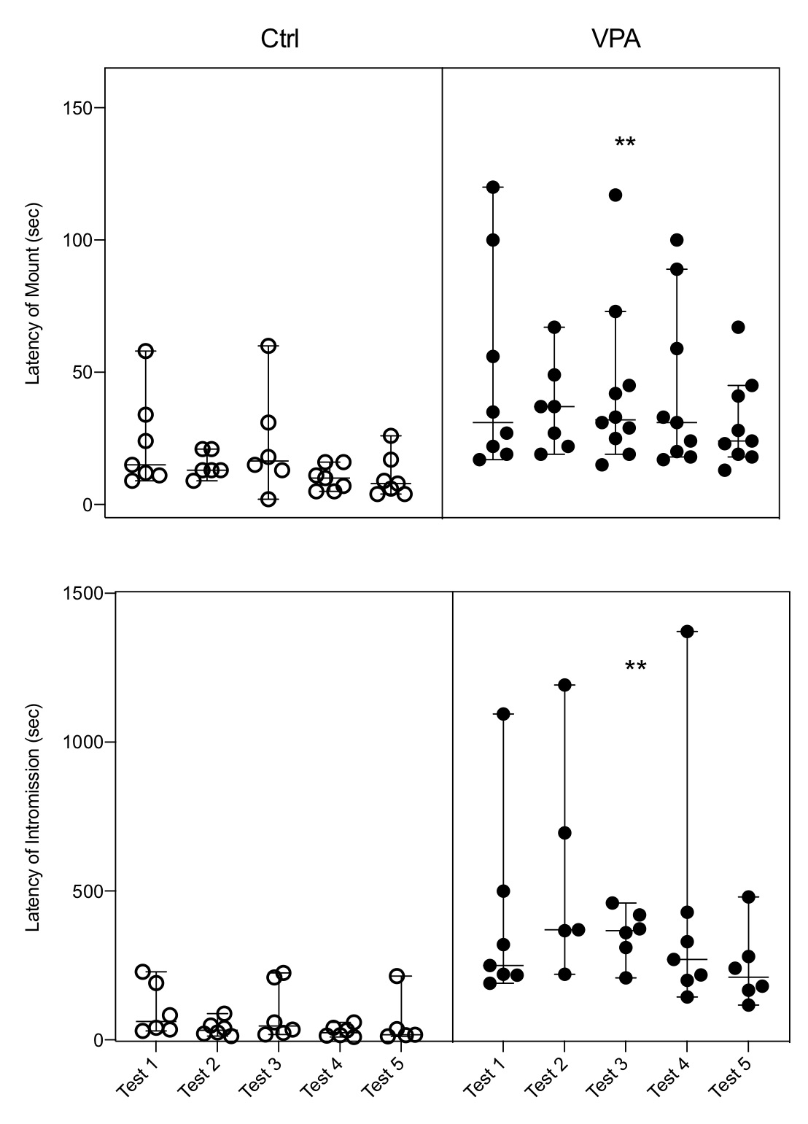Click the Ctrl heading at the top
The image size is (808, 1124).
279,39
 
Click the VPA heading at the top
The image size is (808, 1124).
615,39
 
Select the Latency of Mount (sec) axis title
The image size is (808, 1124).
33,293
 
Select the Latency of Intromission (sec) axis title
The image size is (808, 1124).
33,818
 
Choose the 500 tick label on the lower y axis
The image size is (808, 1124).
89,891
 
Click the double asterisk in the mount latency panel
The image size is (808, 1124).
625,143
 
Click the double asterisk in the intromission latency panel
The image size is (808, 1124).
635,667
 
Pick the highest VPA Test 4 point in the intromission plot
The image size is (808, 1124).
687,631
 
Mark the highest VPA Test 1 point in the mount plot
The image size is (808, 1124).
493,187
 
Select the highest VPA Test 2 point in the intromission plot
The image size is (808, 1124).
564,685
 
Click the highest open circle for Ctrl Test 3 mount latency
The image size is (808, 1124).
268,346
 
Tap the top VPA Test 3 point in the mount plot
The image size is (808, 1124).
615,195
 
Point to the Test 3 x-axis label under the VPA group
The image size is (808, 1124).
608,1076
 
